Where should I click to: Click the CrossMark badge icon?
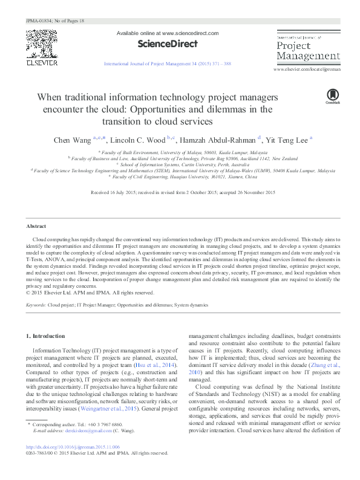click(332, 96)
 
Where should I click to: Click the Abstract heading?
click(36, 226)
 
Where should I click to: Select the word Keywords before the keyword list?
click(36, 306)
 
